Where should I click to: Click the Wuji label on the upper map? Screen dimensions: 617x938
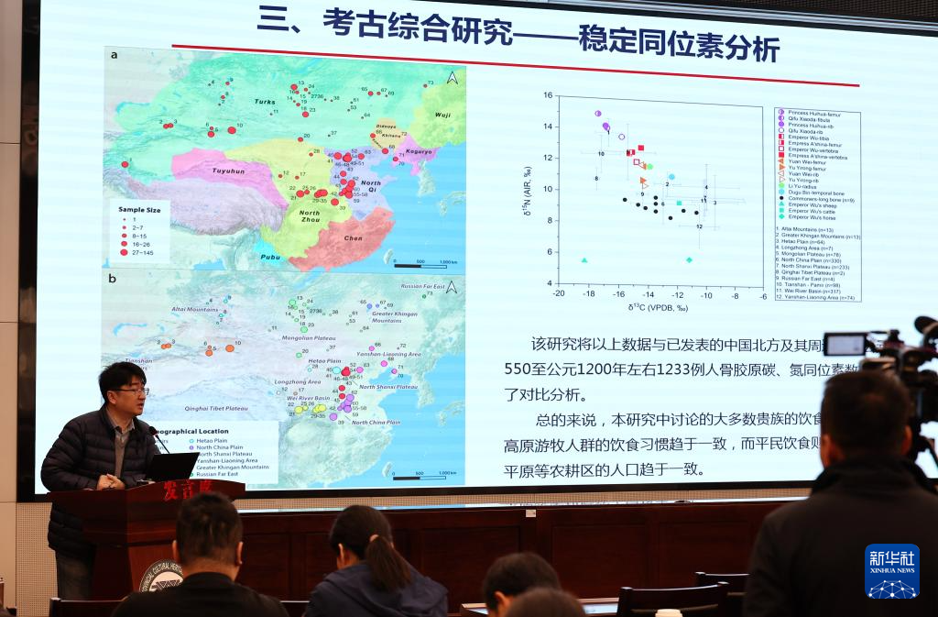443,115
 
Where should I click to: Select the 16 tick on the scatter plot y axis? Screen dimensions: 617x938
548,94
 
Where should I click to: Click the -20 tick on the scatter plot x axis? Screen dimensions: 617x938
558,294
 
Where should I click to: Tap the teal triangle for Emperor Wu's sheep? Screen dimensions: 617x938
584,260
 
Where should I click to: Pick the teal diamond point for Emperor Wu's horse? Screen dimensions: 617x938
689,260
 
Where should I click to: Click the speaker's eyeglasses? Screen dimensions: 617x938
132,391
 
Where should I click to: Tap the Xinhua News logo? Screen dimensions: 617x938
891,571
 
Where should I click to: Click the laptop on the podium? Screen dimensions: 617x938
173,467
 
